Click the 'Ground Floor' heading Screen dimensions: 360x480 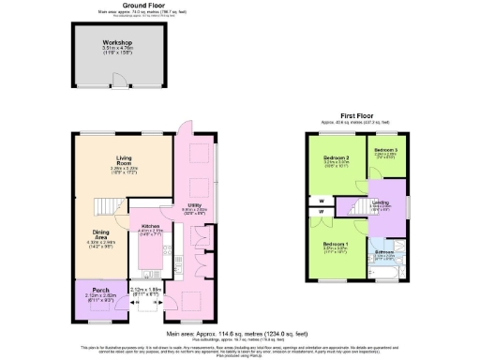[137, 5]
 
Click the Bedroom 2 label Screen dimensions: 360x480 [336, 157]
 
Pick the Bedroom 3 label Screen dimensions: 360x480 [385, 150]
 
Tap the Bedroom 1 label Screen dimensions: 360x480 [336, 245]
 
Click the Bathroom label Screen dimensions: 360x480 [385, 252]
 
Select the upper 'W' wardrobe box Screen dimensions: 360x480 [322, 199]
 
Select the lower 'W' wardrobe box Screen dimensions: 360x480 [322, 215]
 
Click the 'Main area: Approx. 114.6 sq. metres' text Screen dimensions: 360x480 [240, 334]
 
